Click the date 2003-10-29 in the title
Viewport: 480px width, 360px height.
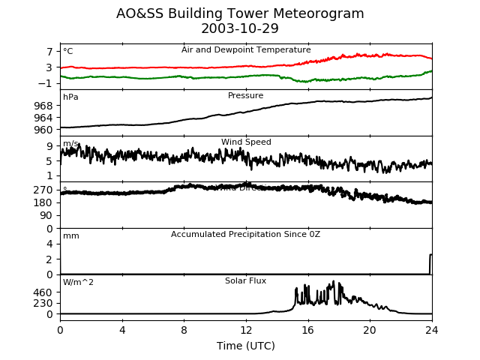[240, 29]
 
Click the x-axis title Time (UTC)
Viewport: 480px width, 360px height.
[246, 346]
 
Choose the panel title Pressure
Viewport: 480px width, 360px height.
[246, 96]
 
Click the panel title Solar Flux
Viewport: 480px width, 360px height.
[246, 281]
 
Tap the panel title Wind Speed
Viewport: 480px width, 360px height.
[246, 142]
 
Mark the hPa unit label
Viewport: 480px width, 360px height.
[70, 97]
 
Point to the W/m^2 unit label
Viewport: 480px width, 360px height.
[79, 283]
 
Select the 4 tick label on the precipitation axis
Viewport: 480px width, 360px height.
[49, 244]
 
